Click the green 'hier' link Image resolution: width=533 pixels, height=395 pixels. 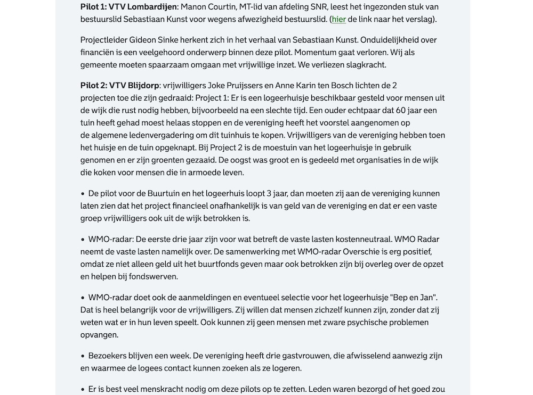tap(338, 19)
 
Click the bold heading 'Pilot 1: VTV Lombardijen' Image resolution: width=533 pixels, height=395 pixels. tap(128, 7)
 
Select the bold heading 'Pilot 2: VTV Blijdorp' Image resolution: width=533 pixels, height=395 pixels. tap(120, 85)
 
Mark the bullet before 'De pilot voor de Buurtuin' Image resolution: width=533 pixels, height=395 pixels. tap(83, 194)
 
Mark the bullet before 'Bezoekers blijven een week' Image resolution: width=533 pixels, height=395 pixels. tap(83, 356)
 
